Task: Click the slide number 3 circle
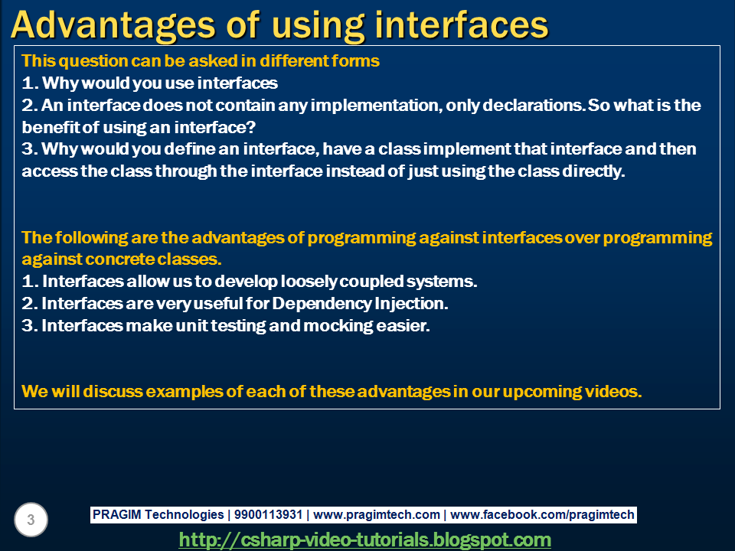[x=31, y=520]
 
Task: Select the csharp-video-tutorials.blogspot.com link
[x=364, y=540]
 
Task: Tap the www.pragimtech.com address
[x=377, y=515]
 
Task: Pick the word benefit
[x=51, y=127]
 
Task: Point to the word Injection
[x=409, y=304]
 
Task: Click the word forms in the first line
[x=357, y=61]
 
